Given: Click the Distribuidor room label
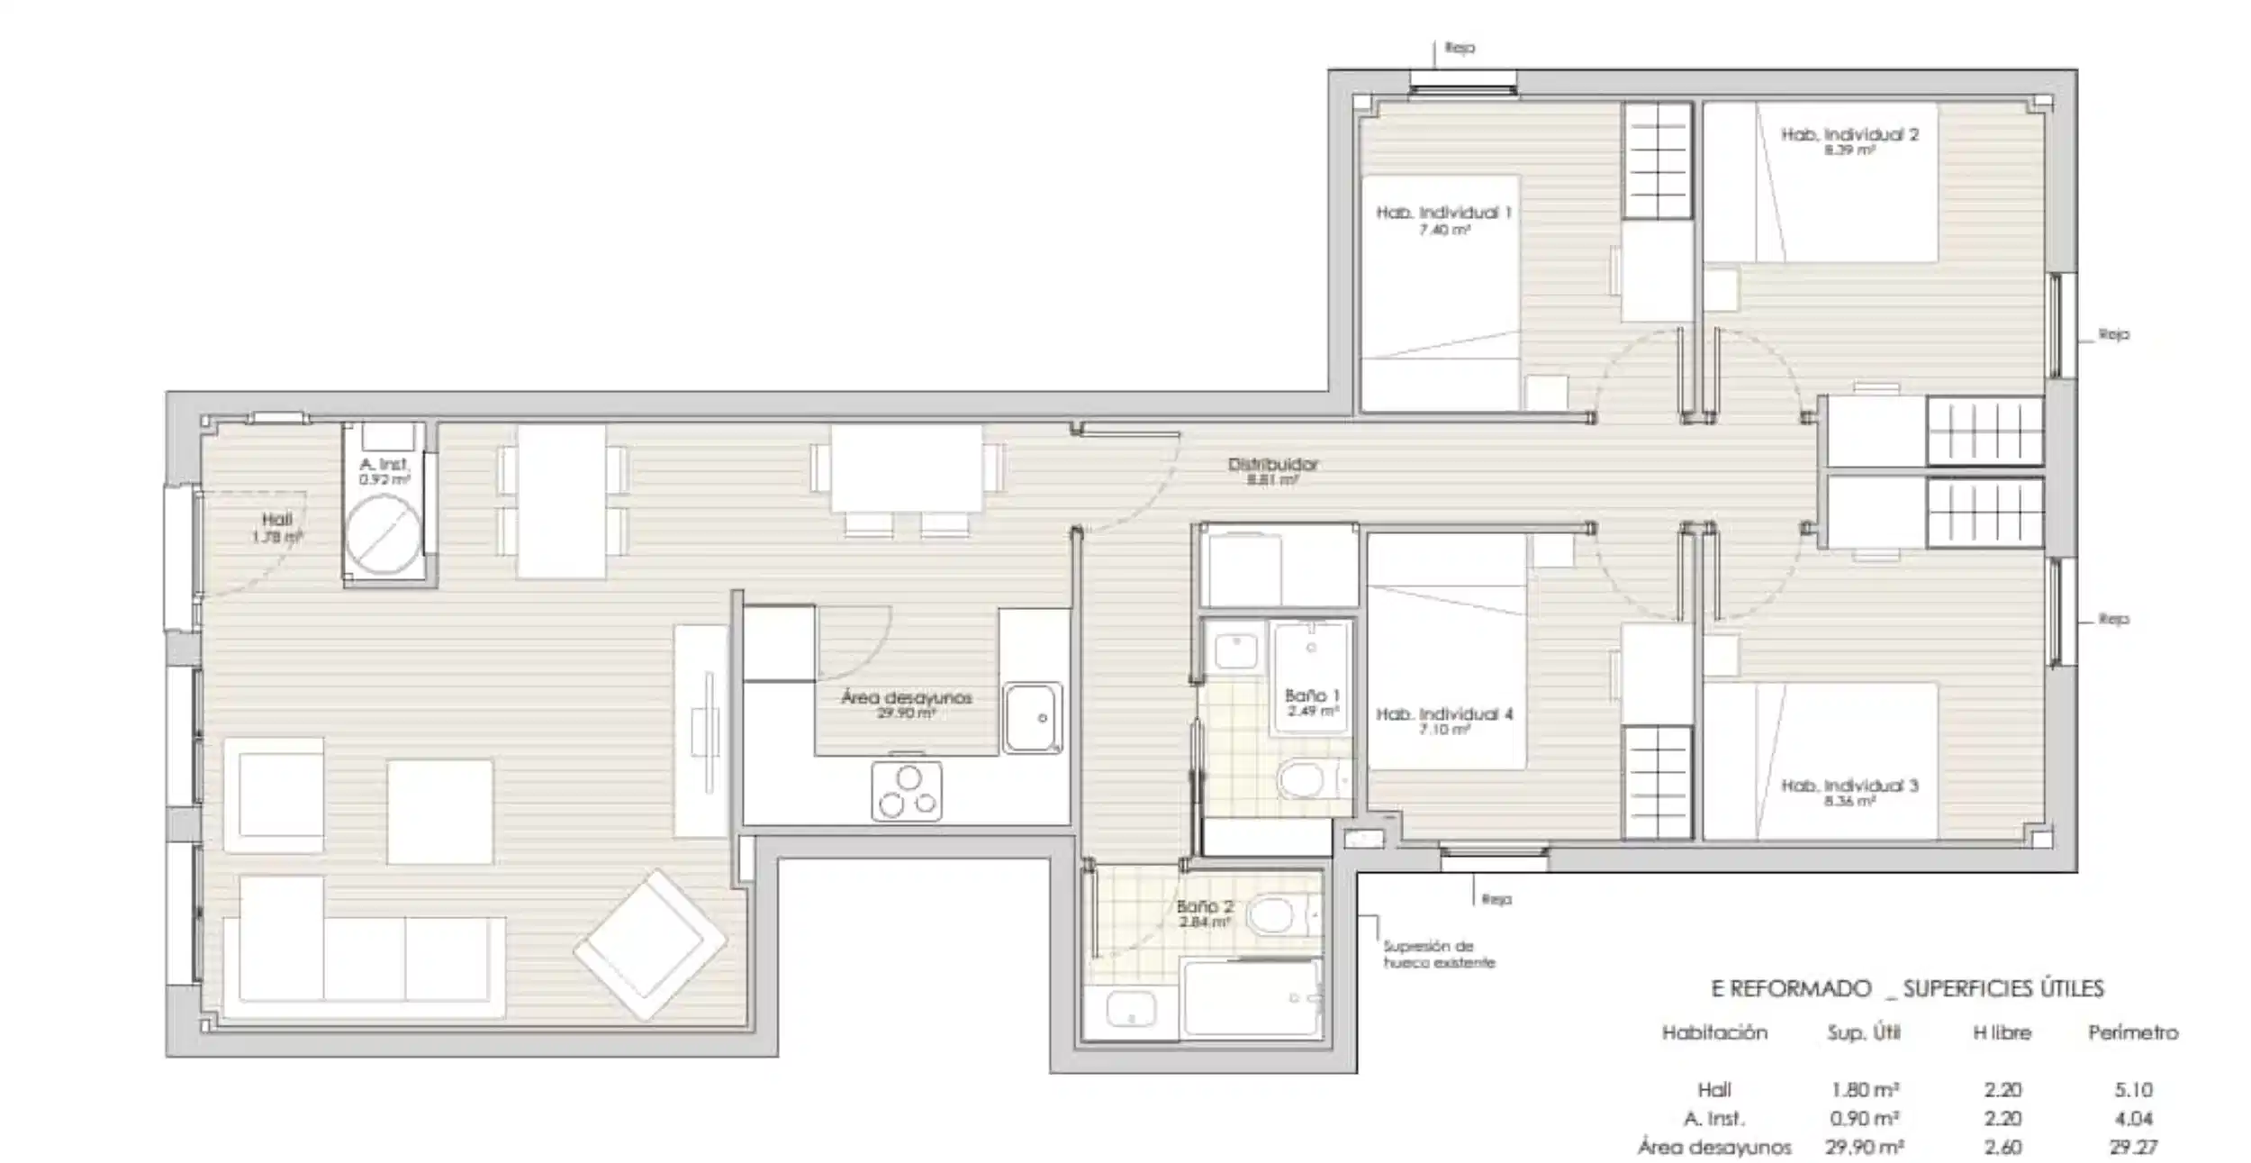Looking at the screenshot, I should (x=1272, y=465).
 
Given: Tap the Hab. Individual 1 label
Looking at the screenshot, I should (x=1442, y=214).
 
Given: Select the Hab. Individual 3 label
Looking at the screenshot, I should (x=1849, y=786).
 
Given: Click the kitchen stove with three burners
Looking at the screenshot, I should (x=907, y=791).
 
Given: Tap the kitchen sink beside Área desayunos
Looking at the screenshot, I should (x=1032, y=717).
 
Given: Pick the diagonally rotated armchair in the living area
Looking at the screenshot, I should (x=649, y=943).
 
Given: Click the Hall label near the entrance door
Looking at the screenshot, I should (x=277, y=520).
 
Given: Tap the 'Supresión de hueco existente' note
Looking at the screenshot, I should (x=1439, y=954).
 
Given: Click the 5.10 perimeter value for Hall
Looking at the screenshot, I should (x=2132, y=1090).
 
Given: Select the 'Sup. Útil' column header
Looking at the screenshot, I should (x=1863, y=1032).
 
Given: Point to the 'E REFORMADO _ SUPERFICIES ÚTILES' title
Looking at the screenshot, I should (x=1907, y=989).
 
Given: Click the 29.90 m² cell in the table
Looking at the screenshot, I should (x=1863, y=1147).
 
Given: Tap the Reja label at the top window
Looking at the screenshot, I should (x=1460, y=48).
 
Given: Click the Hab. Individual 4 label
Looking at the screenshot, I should (x=1443, y=714).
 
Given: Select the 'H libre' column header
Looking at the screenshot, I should (x=2002, y=1032).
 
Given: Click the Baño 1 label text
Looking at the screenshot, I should (x=1312, y=695).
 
